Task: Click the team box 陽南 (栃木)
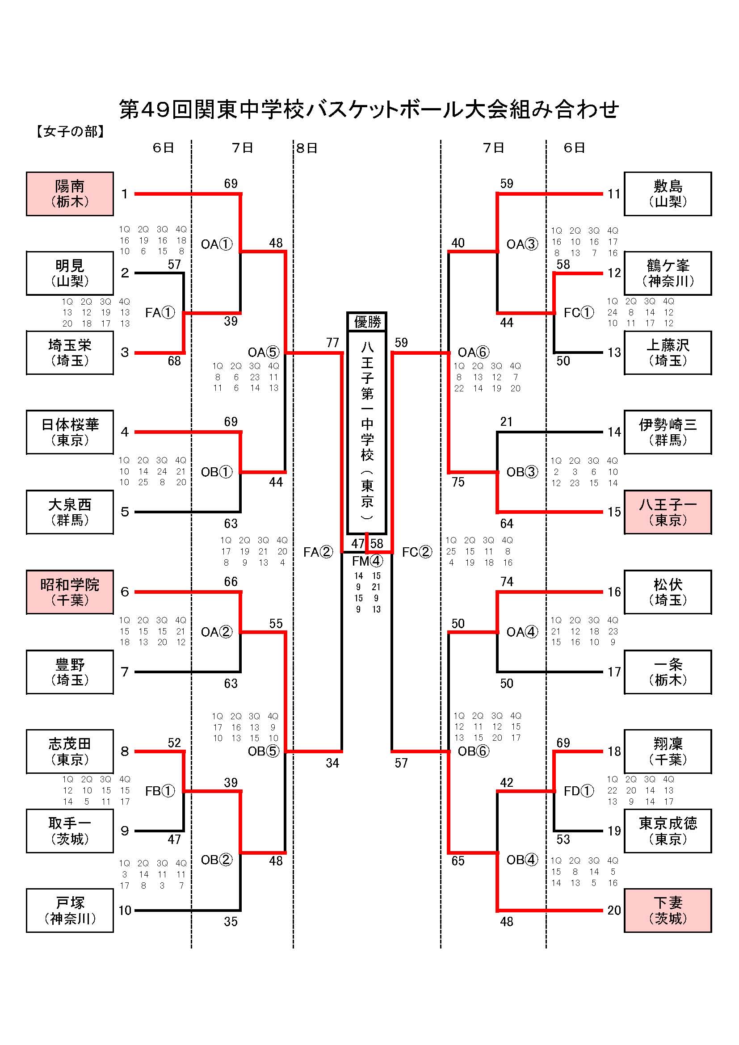[70, 193]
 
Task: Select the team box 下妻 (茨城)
[667, 910]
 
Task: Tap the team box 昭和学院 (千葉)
[70, 592]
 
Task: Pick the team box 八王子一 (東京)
[667, 512]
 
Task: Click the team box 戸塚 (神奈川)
[70, 910]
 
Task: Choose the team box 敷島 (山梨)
[667, 193]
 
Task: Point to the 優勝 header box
[367, 322]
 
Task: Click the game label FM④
[367, 561]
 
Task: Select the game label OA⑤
[263, 352]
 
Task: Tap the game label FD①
[578, 791]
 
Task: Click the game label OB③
[522, 472]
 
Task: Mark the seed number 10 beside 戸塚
[125, 910]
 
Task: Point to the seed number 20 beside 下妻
[614, 910]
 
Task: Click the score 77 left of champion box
[333, 343]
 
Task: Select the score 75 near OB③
[458, 482]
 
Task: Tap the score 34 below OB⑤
[333, 763]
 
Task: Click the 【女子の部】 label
[71, 131]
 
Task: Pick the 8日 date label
[307, 148]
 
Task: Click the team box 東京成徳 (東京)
[667, 831]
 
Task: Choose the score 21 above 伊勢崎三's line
[507, 422]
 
